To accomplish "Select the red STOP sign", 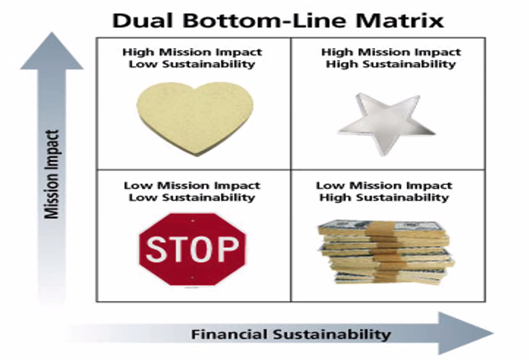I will (x=192, y=250).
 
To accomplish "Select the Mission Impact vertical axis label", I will (x=51, y=175).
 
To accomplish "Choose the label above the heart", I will (x=192, y=58).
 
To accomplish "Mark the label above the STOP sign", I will (x=192, y=191).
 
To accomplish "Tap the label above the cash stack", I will (x=385, y=191).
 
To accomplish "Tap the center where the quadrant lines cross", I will (x=291, y=170).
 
